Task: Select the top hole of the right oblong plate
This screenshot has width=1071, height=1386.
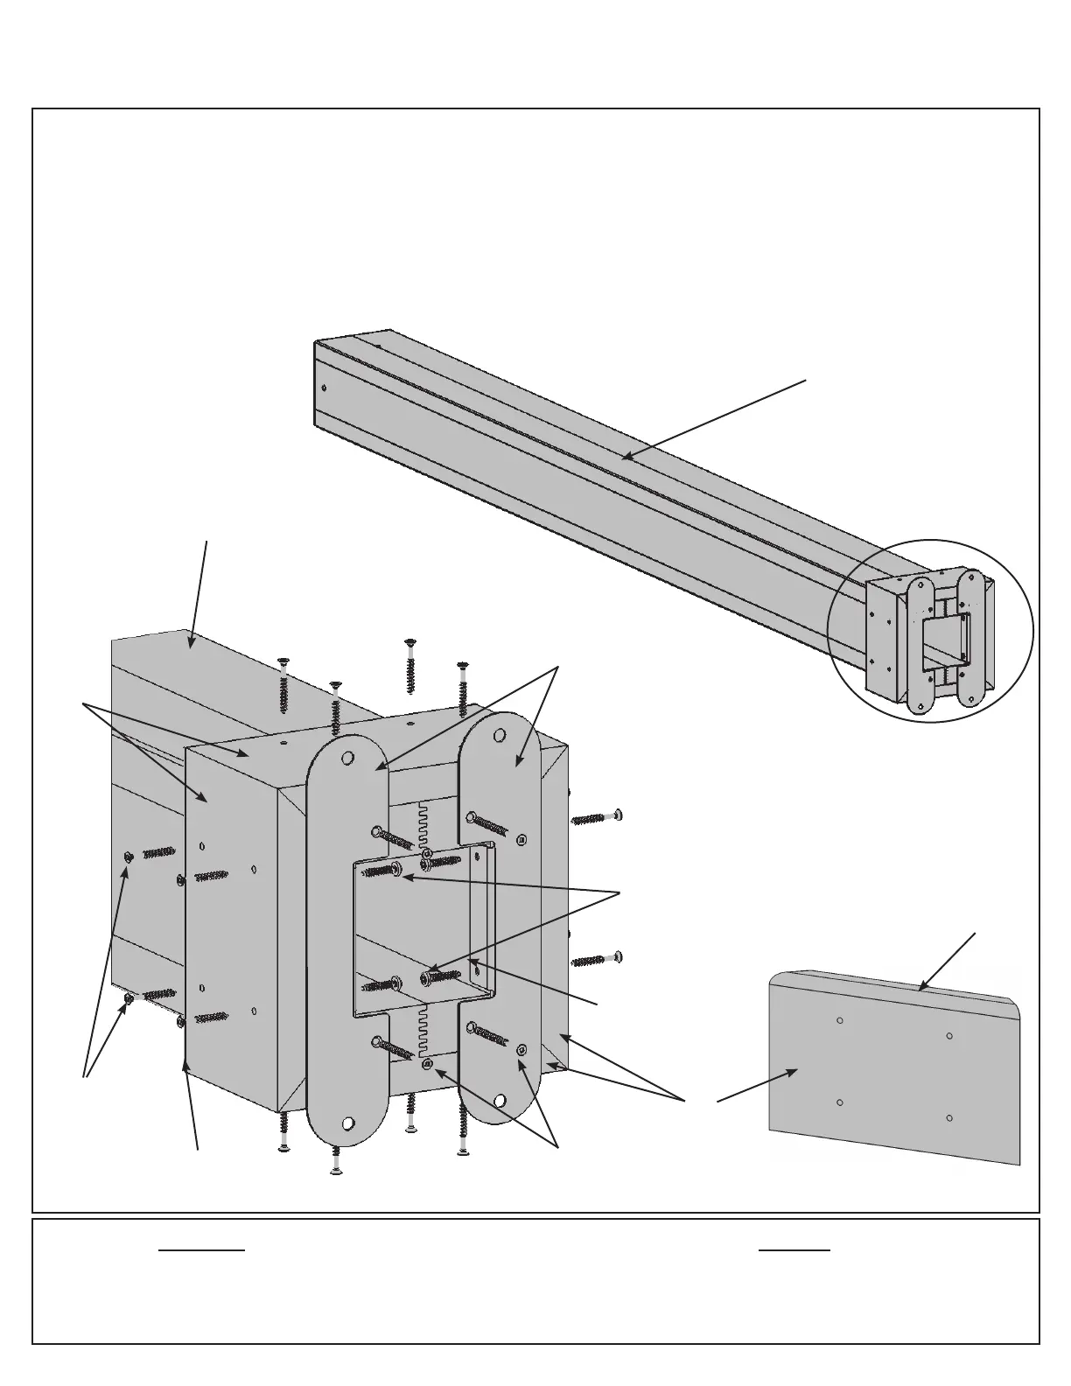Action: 500,734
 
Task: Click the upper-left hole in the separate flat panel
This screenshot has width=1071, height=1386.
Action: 839,1020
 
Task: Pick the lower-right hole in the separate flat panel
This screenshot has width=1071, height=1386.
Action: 949,1118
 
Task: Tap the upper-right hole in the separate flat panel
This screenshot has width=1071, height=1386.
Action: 950,1037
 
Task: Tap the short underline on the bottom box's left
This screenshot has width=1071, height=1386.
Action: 201,1250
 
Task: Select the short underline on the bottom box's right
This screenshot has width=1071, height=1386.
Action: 794,1250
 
